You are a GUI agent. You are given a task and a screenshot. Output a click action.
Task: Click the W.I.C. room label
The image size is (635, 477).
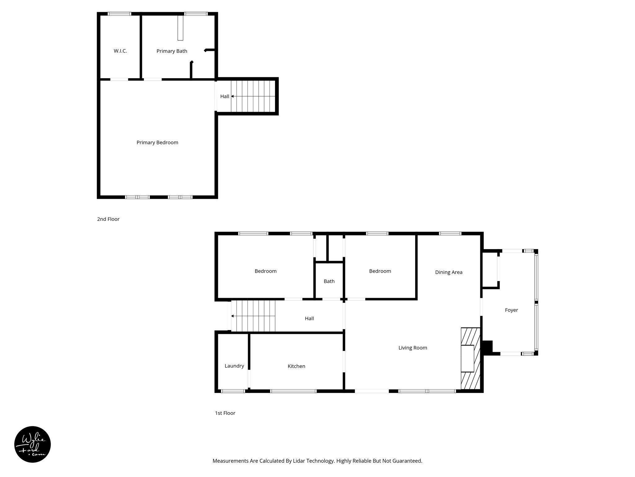click(120, 51)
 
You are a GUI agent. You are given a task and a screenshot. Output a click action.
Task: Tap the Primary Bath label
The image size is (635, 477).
click(172, 51)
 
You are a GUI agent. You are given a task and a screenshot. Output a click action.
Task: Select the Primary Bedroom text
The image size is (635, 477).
click(157, 143)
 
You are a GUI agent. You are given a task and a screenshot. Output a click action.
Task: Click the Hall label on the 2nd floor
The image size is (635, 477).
click(224, 96)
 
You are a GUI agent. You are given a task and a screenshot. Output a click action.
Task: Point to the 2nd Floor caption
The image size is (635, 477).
click(108, 219)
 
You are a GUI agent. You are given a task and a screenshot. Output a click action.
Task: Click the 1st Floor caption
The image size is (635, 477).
click(225, 413)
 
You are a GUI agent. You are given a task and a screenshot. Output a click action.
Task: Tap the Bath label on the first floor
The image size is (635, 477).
click(329, 281)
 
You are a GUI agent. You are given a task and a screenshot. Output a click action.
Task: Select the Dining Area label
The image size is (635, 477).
click(449, 272)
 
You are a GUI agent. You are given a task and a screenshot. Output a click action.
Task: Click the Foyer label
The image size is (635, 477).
click(511, 310)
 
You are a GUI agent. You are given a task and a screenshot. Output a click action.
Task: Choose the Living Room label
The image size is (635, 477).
click(413, 348)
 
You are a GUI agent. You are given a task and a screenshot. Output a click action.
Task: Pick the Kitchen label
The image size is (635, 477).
click(296, 366)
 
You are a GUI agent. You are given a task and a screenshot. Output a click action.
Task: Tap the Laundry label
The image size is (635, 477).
click(234, 366)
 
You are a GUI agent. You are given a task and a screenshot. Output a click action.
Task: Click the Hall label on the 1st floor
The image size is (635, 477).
click(309, 318)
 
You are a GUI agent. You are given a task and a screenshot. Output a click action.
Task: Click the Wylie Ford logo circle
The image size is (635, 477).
click(33, 444)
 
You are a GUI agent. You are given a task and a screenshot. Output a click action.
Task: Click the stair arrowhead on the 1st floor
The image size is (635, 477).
click(233, 316)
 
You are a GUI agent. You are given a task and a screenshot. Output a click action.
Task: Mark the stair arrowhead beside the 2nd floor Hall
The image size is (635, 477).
click(233, 96)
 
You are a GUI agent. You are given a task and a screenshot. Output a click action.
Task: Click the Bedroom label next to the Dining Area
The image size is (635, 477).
click(380, 271)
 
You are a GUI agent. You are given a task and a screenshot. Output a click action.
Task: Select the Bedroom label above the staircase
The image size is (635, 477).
click(265, 271)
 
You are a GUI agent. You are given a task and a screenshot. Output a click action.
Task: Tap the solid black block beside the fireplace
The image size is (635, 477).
click(487, 347)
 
